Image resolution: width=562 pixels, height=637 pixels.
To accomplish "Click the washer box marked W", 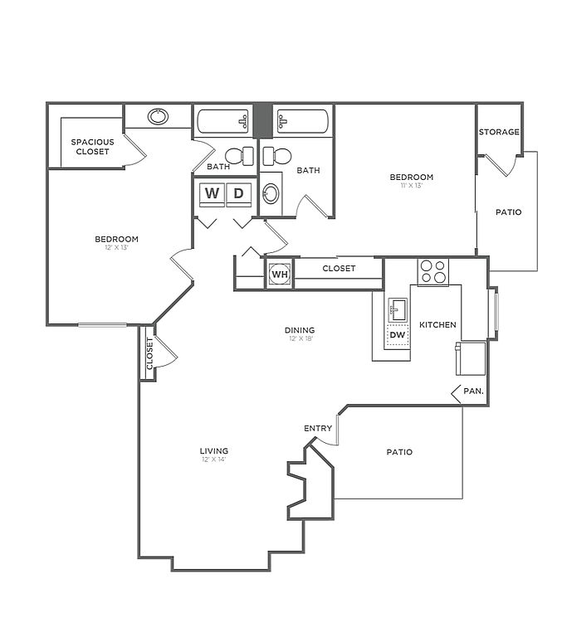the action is click(x=213, y=194).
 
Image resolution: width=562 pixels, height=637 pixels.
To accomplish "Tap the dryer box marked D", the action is click(x=238, y=194).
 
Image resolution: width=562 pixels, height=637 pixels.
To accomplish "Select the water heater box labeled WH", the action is click(x=279, y=274).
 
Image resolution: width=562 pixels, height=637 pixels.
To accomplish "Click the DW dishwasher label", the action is click(x=397, y=335).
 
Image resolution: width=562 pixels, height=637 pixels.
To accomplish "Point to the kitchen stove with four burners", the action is click(x=432, y=271).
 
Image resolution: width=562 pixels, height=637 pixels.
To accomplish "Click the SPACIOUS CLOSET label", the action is click(x=92, y=147).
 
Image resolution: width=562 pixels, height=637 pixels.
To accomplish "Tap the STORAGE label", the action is click(x=499, y=132).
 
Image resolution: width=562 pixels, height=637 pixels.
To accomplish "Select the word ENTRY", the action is click(x=318, y=428).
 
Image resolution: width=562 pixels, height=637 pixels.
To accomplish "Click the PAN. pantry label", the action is click(x=474, y=391).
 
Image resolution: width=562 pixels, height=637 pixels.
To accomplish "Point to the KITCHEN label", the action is click(x=437, y=324).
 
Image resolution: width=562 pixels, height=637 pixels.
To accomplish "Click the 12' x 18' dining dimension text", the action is click(x=302, y=339).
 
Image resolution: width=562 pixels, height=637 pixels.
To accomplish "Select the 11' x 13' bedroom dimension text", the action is click(x=412, y=187).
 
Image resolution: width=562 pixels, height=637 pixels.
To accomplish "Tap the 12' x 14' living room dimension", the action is click(x=213, y=460).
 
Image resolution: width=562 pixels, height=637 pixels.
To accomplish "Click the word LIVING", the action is click(x=213, y=450).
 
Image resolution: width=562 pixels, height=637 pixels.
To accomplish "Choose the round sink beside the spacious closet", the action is click(x=158, y=116).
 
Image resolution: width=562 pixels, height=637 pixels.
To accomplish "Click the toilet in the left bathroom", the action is click(x=239, y=155).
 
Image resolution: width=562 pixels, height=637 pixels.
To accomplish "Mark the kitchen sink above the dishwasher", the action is click(x=398, y=309).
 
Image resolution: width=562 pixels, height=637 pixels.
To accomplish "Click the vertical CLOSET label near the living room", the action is click(x=149, y=353).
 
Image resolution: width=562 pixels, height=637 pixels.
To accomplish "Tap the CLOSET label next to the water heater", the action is click(x=339, y=269).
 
